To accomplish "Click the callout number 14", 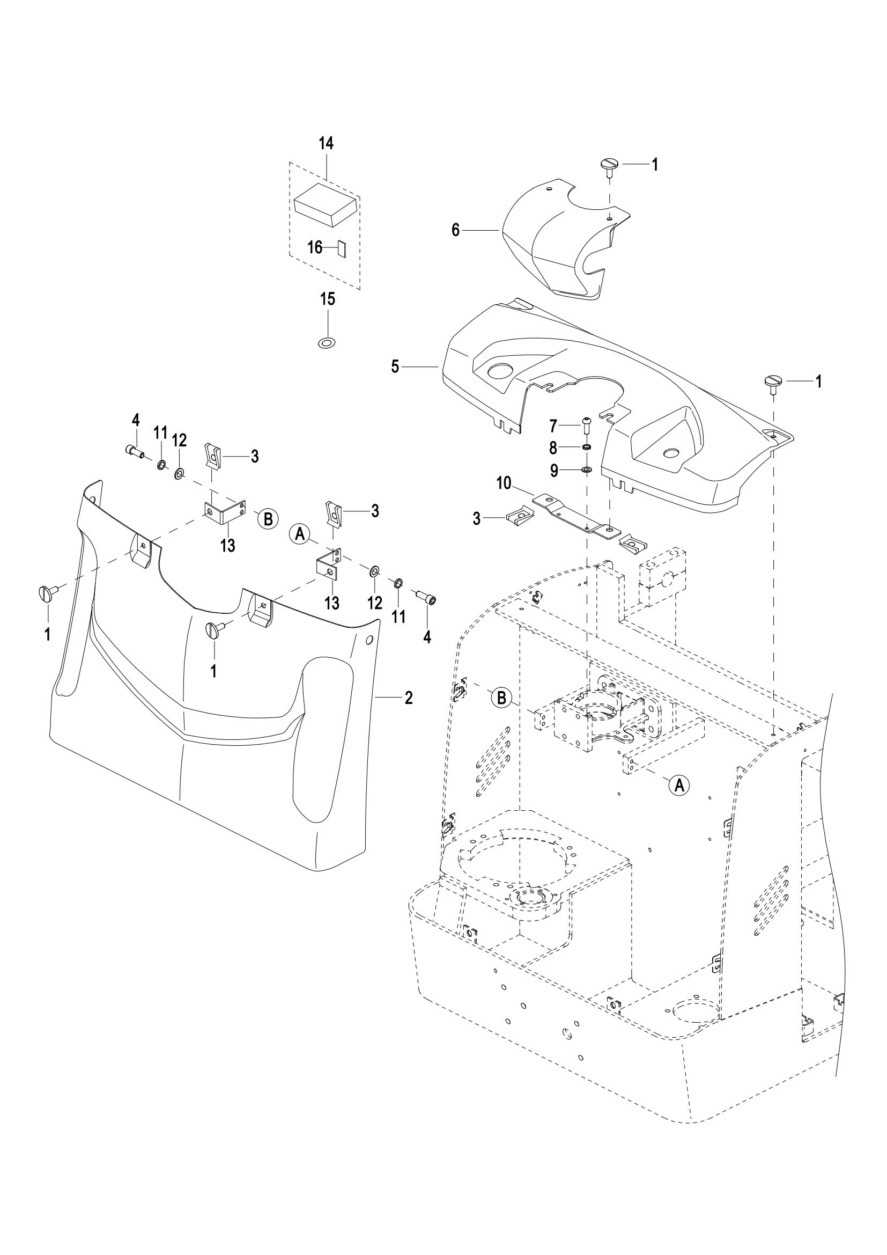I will [326, 144].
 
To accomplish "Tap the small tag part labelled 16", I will [343, 248].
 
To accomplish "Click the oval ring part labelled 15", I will [327, 343].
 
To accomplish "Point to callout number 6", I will [456, 231].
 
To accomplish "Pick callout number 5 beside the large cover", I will [395, 367].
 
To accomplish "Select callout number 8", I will [553, 448].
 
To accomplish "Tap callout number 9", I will [555, 471].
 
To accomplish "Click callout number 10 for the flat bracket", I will [504, 483].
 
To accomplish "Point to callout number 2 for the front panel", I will [409, 698].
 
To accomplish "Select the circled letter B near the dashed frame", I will [501, 698].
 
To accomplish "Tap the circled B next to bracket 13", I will [268, 518].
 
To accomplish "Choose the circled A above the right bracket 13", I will [300, 533].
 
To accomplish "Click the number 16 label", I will [315, 247].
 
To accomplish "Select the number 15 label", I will [327, 299].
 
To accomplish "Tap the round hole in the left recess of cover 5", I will [501, 371].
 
